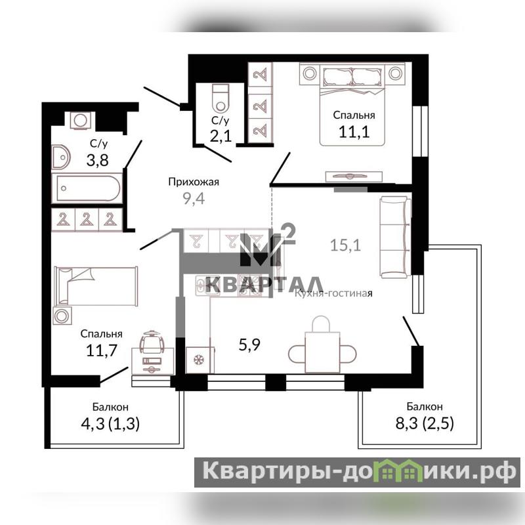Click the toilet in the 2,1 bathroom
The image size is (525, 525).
click(x=220, y=98)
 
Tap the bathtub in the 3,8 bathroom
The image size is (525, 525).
click(x=87, y=188)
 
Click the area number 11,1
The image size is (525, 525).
click(x=354, y=132)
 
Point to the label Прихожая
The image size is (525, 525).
click(x=194, y=182)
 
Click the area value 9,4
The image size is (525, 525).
click(x=194, y=199)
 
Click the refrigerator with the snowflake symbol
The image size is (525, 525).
click(x=200, y=360)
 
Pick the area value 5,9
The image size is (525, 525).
click(x=249, y=344)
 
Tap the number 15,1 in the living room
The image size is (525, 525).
click(x=346, y=245)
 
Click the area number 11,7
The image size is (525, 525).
click(x=102, y=350)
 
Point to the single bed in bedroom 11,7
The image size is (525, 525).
click(x=96, y=286)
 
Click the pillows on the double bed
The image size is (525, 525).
click(x=352, y=77)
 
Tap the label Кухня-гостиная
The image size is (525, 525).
click(x=333, y=293)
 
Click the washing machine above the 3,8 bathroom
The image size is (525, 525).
click(x=80, y=120)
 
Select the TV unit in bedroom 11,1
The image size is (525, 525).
click(x=354, y=177)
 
